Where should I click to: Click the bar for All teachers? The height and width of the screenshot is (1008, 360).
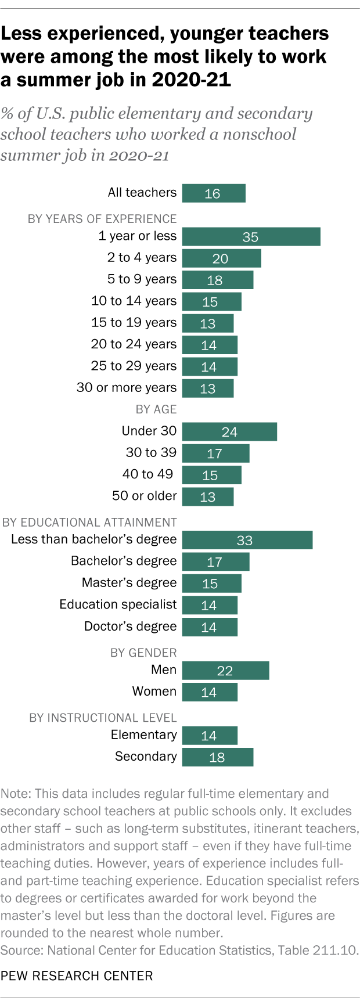[x=214, y=193]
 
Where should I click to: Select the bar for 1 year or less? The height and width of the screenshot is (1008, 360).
[x=251, y=237]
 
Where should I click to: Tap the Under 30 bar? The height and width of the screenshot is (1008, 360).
[x=229, y=432]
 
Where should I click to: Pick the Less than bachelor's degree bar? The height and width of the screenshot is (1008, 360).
[x=247, y=540]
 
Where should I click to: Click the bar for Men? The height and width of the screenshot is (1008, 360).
[x=225, y=671]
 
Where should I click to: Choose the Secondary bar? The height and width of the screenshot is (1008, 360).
[x=217, y=757]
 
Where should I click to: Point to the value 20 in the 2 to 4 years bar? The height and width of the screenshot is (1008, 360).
[x=220, y=259]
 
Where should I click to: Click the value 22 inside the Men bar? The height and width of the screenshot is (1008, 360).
[x=225, y=671]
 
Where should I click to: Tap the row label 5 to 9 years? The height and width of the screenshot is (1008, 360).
[x=142, y=279]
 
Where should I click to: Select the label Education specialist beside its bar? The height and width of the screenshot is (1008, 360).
[x=118, y=604]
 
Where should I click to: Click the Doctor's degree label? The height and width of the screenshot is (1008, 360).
[x=130, y=627]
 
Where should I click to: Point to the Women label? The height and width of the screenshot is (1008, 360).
[x=154, y=692]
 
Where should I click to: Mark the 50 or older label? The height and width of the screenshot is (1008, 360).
[x=144, y=496]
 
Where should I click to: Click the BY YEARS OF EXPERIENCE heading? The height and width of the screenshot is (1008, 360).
[x=102, y=219]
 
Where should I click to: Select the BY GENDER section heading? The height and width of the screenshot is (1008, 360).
[x=143, y=653]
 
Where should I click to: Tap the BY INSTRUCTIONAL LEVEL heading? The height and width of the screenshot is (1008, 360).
[x=103, y=718]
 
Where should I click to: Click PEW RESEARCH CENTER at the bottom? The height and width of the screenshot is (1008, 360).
[x=77, y=975]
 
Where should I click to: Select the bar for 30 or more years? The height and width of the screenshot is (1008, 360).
[x=208, y=388]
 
